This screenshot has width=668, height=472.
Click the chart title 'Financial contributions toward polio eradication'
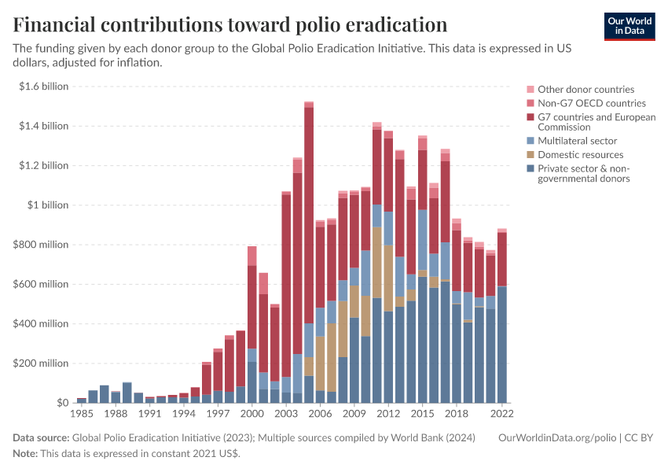pos(230,24)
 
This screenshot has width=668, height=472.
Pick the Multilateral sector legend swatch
pos(530,141)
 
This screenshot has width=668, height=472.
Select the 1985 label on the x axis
pos(82,412)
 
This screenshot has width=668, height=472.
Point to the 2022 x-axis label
pos(501,412)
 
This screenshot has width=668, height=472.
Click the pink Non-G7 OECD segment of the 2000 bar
pos(252,256)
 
